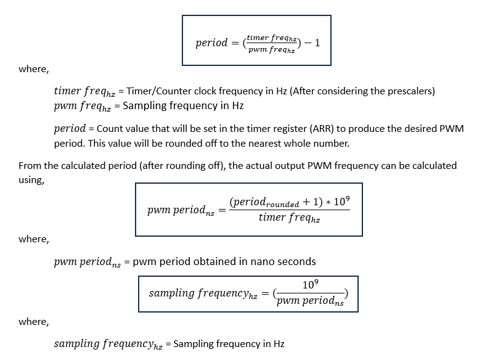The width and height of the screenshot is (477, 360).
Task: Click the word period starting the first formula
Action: click(211, 43)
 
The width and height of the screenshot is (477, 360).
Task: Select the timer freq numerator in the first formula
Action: click(272, 38)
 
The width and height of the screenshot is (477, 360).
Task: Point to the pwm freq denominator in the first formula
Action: click(272, 50)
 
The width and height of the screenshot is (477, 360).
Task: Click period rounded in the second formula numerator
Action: click(264, 203)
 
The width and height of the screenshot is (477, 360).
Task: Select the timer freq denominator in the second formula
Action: click(289, 217)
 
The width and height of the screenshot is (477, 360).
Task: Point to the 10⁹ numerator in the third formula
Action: click(310, 285)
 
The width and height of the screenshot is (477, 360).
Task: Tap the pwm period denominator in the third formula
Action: click(309, 301)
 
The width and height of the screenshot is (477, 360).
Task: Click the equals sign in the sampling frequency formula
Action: click(265, 293)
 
